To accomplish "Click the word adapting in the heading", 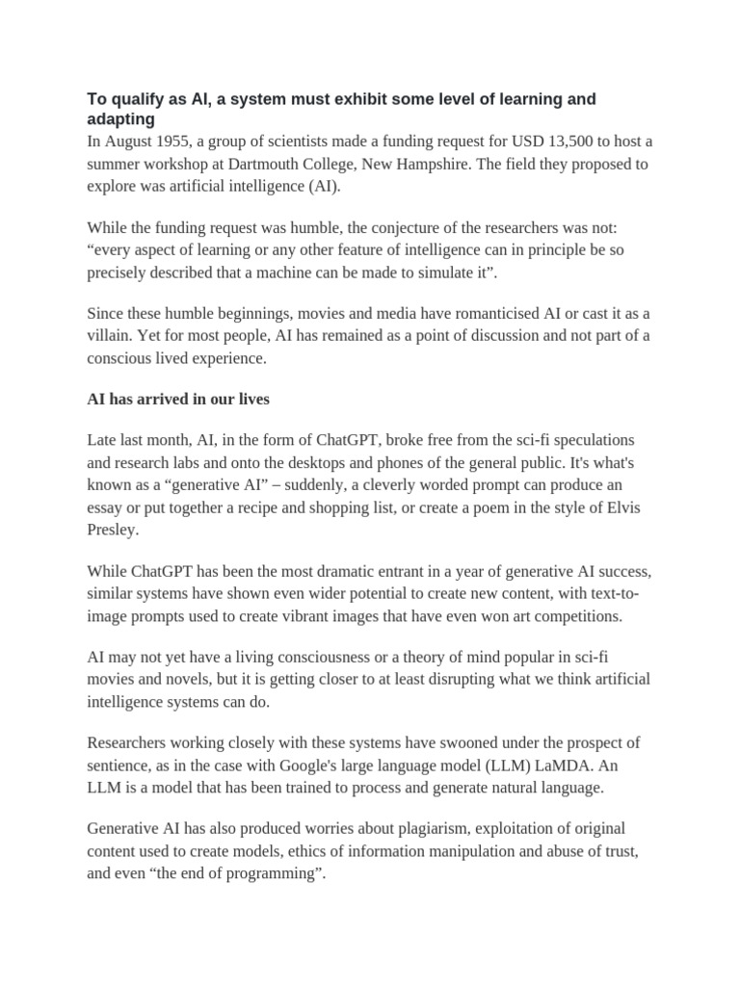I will [x=120, y=118].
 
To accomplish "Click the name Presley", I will [x=115, y=529].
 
